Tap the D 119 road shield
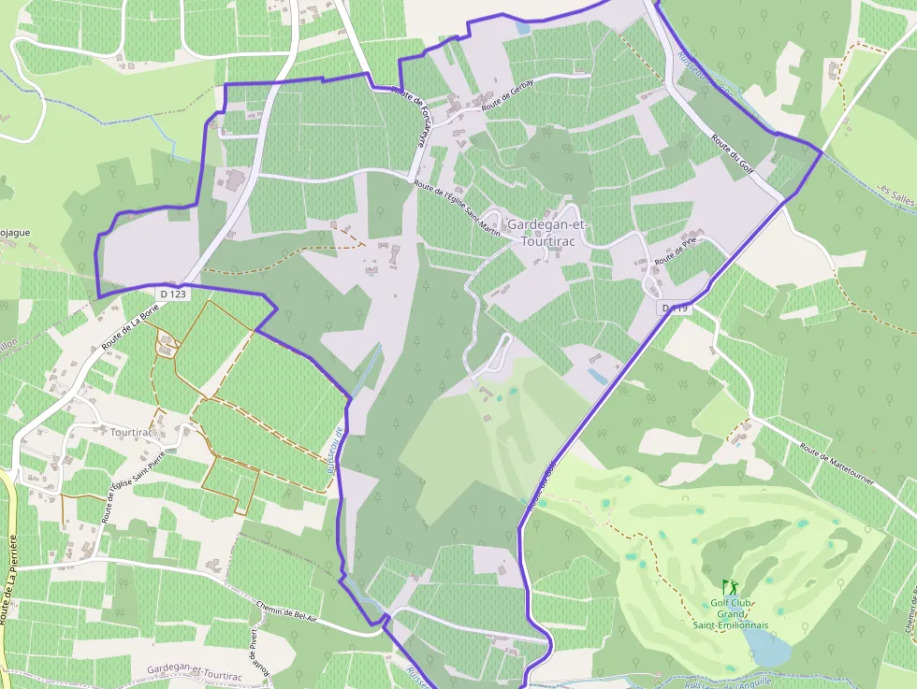click(x=675, y=308)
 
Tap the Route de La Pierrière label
click(x=10, y=580)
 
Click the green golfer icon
click(x=730, y=587)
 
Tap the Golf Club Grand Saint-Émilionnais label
click(x=731, y=613)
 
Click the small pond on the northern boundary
click(x=522, y=28)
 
